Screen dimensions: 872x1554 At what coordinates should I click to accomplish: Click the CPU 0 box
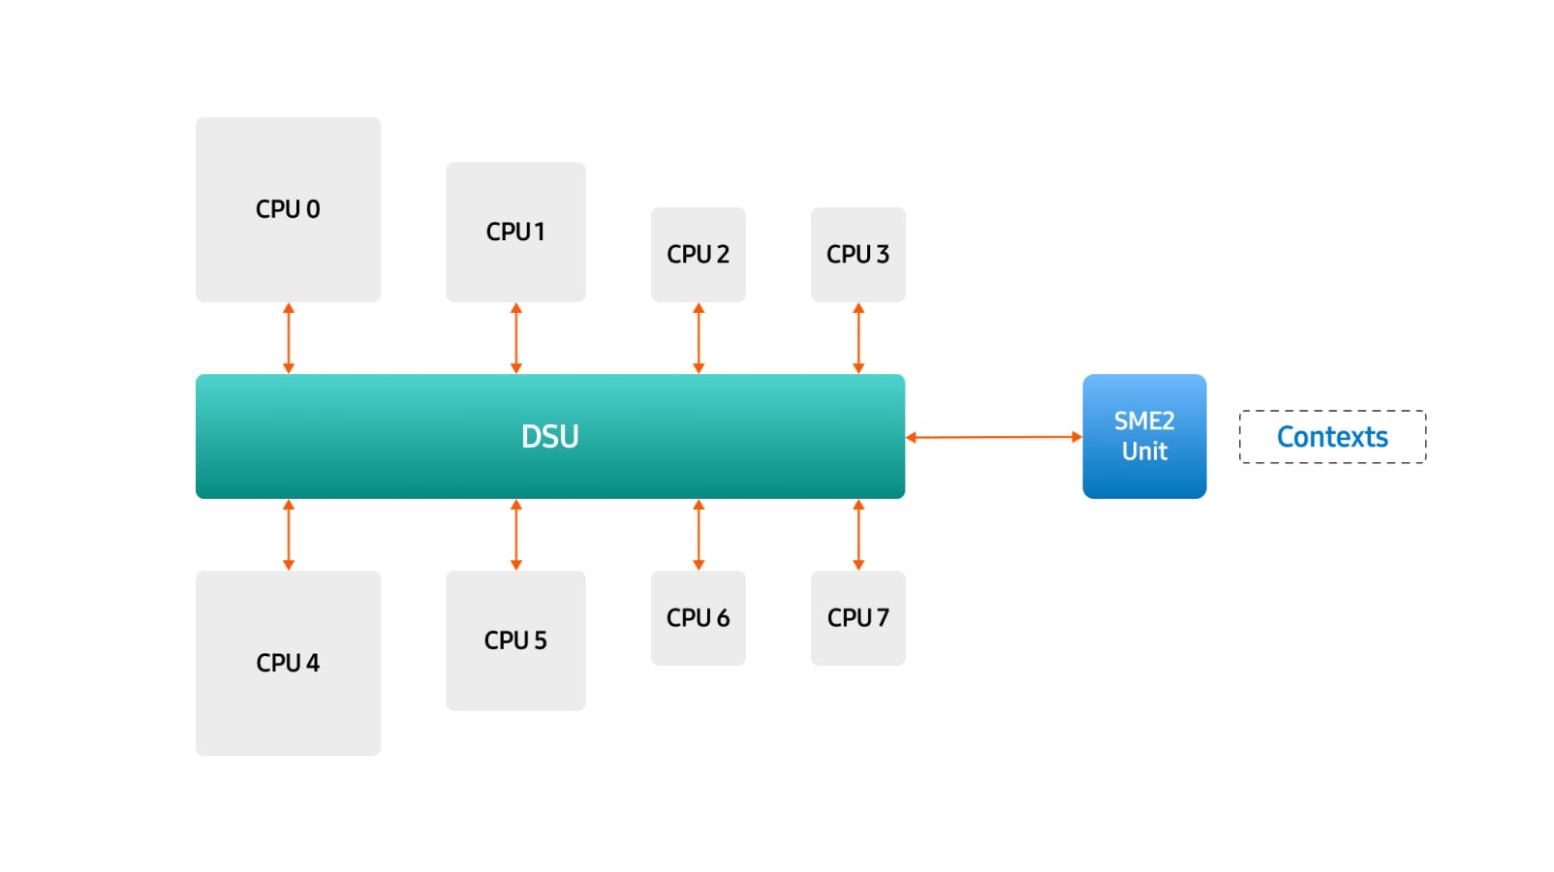tap(288, 209)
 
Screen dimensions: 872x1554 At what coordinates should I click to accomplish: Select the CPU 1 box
tap(515, 232)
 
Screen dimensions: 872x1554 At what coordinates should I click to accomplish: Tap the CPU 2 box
tap(698, 254)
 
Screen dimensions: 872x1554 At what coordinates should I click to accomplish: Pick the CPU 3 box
tap(857, 254)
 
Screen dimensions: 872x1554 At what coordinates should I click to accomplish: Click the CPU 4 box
tap(288, 663)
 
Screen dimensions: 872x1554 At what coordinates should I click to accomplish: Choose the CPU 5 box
tap(515, 640)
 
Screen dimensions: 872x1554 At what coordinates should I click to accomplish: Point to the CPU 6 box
tap(698, 617)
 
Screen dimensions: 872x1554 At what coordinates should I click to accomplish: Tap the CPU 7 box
tap(857, 617)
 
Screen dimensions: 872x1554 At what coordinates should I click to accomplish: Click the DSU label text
tap(549, 437)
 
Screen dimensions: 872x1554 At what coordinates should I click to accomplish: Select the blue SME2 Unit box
tap(1144, 436)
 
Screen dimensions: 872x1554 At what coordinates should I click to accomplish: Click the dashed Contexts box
tap(1332, 437)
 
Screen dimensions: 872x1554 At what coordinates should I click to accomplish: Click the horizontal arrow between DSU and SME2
tap(993, 437)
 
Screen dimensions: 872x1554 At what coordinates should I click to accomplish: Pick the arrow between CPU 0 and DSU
tap(288, 338)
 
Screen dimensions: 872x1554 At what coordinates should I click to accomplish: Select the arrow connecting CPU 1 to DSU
tap(515, 338)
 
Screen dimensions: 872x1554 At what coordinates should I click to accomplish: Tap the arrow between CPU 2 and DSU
tap(699, 338)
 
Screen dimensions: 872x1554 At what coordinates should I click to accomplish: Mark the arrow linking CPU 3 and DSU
tap(857, 338)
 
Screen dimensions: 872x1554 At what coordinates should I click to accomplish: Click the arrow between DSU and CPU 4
tap(288, 535)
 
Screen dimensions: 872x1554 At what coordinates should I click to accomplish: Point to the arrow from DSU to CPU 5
tap(515, 535)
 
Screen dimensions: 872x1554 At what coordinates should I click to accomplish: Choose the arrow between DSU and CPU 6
tap(699, 535)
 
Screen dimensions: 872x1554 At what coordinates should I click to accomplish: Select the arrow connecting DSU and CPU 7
tap(857, 535)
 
